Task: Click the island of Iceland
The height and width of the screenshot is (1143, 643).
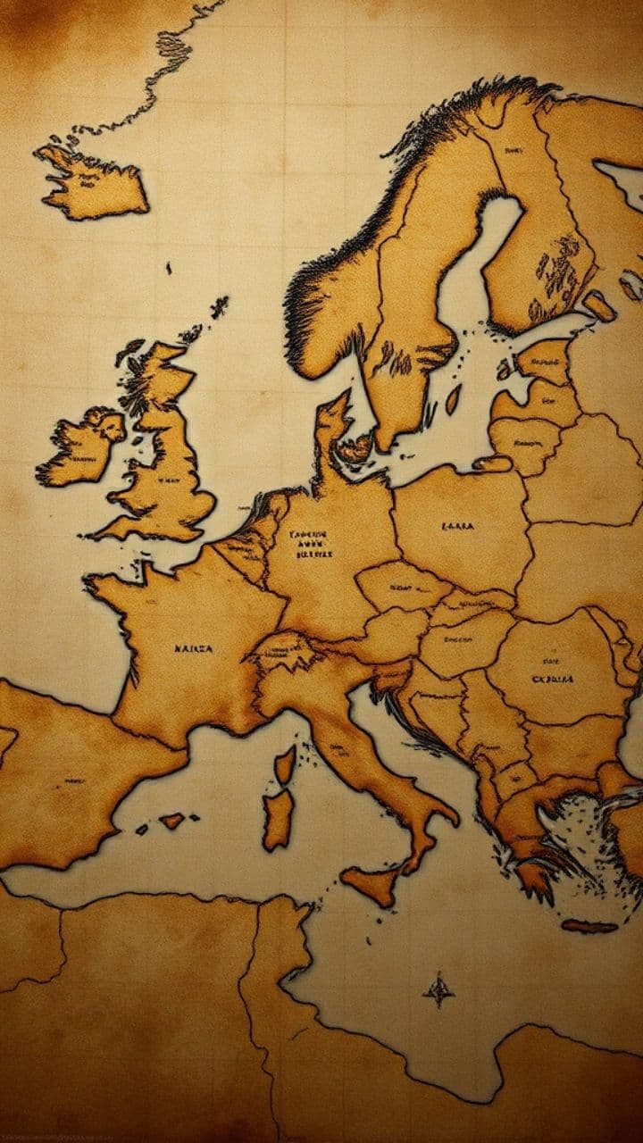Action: coord(94,183)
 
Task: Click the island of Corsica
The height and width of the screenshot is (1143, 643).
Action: coord(285,764)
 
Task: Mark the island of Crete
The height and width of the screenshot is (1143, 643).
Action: coord(589,926)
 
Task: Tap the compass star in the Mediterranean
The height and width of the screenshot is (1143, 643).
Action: coord(438,989)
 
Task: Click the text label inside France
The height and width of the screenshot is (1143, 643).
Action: coord(193,648)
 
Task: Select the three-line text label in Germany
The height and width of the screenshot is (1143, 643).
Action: coord(312,544)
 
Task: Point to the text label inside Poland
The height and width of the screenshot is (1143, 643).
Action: coord(458,527)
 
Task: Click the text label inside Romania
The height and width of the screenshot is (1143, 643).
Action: coord(553,679)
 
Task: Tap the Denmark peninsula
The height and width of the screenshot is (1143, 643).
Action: coord(332,429)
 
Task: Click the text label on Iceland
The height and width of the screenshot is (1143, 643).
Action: coord(89,179)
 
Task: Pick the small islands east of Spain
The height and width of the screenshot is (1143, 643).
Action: coord(170,819)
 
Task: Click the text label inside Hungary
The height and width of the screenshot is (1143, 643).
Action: coord(457,639)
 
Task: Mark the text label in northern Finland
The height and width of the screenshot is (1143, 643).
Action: coord(513,152)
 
